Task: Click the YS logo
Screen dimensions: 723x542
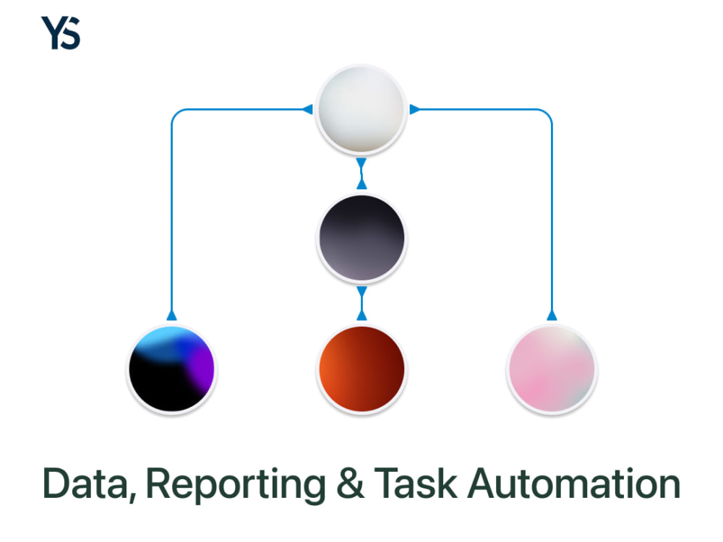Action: pyautogui.click(x=61, y=33)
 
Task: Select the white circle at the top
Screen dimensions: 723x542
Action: pyautogui.click(x=361, y=110)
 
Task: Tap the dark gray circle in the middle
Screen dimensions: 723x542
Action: pyautogui.click(x=361, y=238)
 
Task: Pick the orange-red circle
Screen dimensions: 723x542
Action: pyautogui.click(x=361, y=369)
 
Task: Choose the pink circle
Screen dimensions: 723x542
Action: pyautogui.click(x=552, y=369)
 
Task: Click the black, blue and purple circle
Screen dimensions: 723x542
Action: pyautogui.click(x=171, y=369)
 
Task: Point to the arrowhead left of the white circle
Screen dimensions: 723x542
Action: pyautogui.click(x=307, y=109)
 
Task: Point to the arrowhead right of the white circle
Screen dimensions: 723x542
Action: pyautogui.click(x=415, y=109)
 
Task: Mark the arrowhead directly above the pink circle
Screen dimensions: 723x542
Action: pyautogui.click(x=552, y=315)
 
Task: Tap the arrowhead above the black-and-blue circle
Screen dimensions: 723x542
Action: pyautogui.click(x=171, y=315)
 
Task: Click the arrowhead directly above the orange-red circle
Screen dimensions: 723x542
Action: pyautogui.click(x=361, y=315)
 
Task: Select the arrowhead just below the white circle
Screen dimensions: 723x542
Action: pyautogui.click(x=361, y=163)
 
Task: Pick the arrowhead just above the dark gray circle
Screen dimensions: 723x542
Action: pyautogui.click(x=361, y=184)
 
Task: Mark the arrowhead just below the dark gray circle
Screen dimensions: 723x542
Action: pyautogui.click(x=361, y=292)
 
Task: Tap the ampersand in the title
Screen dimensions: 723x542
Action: pyautogui.click(x=350, y=483)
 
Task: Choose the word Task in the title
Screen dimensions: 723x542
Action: pyautogui.click(x=416, y=483)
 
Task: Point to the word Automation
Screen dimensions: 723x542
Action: pyautogui.click(x=574, y=483)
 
